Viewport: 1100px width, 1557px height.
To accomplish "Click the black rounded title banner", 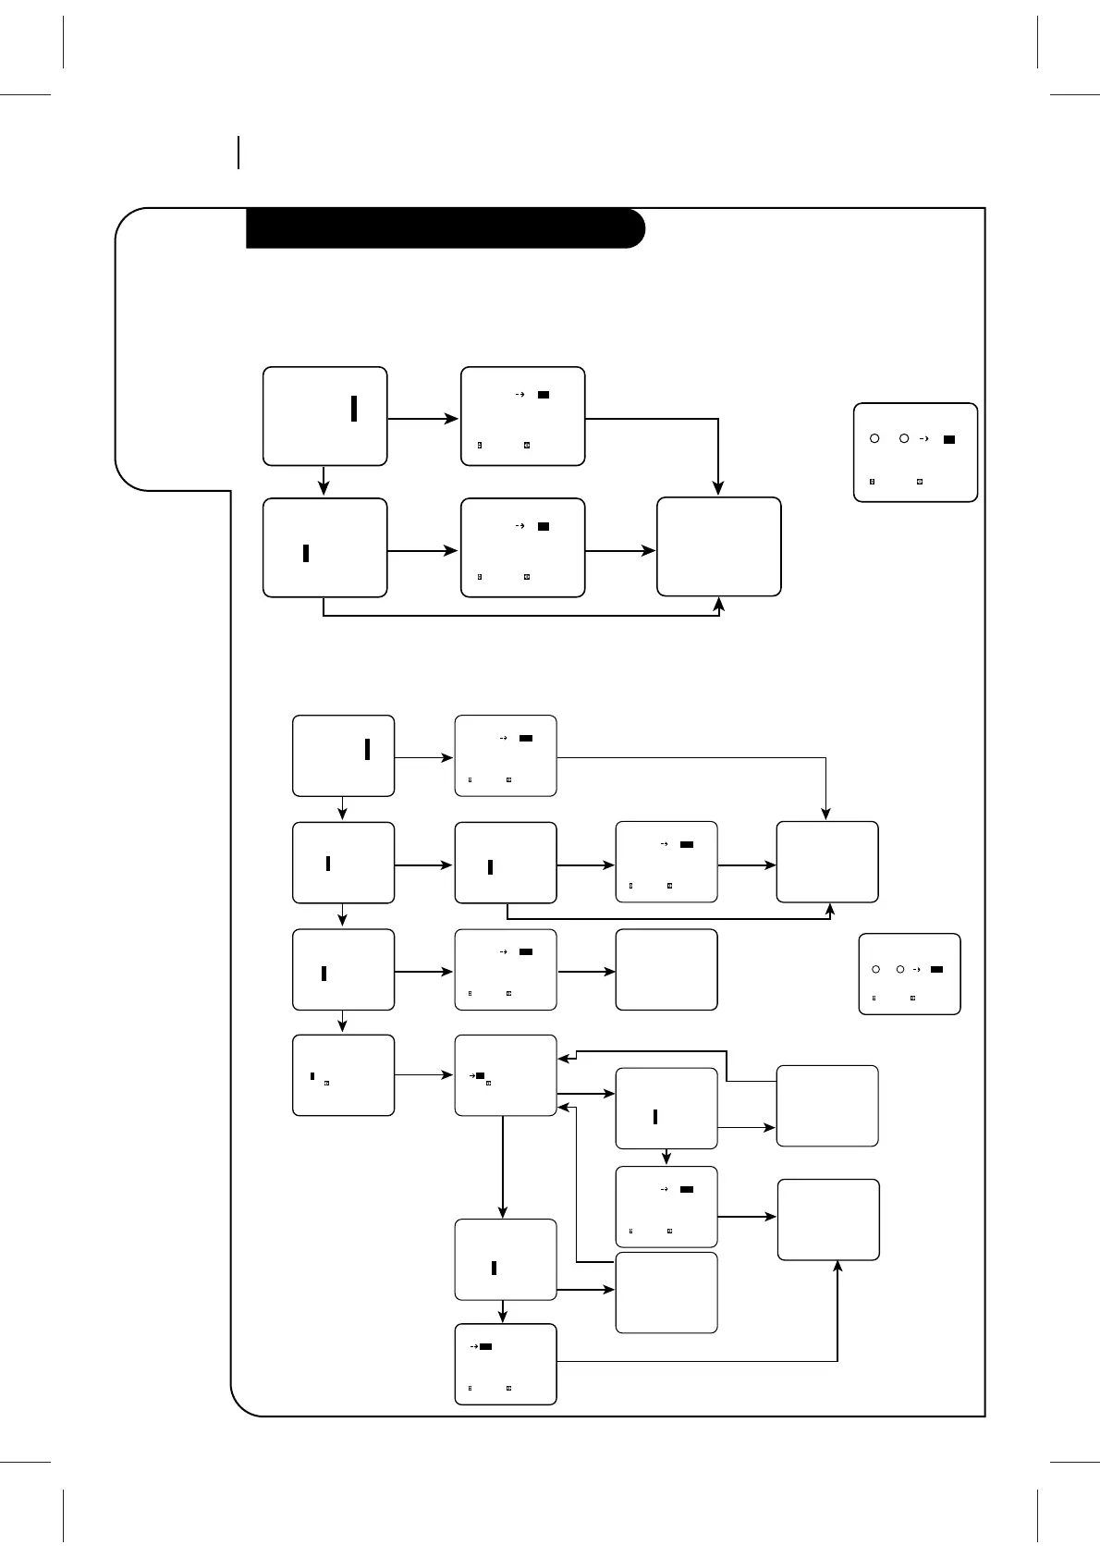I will [444, 228].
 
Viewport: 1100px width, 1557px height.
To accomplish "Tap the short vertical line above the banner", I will [238, 153].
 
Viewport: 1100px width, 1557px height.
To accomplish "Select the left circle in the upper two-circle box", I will [874, 439].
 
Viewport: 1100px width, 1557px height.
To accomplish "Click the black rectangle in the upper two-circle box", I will [948, 439].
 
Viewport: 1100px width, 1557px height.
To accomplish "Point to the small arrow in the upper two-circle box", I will [925, 439].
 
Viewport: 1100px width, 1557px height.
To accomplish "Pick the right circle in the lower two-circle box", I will [899, 969].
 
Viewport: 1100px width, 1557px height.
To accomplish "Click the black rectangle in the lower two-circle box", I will [936, 969].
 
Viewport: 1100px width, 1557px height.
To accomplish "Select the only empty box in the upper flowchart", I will [718, 546].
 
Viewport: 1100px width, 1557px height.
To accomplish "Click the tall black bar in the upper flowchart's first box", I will [354, 408].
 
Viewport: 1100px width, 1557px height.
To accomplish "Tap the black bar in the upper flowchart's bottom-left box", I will [306, 553].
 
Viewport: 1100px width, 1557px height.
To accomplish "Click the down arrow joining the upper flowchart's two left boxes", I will [324, 481].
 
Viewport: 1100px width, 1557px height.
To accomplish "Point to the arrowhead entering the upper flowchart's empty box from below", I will [719, 604].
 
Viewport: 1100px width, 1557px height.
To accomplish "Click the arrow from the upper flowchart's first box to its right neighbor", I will [422, 419].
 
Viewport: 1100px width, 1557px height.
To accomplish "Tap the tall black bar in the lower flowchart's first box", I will [367, 749].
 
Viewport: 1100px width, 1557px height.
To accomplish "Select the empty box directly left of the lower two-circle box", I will [666, 969].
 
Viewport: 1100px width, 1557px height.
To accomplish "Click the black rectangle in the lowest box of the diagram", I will [485, 1346].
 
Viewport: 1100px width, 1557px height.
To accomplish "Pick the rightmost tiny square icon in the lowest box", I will [509, 1388].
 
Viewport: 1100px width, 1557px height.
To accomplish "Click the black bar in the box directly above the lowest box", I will [494, 1268].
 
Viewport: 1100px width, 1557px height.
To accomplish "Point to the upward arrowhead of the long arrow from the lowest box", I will [837, 1268].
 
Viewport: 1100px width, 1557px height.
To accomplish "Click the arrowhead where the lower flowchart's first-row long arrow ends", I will [825, 815].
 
